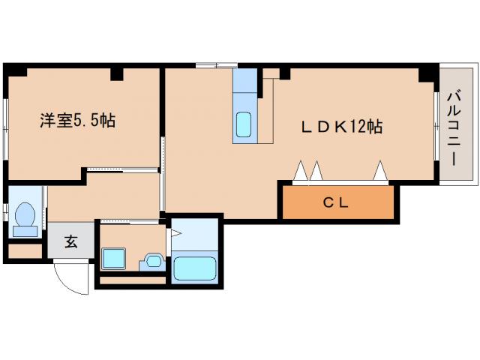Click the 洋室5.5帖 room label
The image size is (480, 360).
tap(78, 120)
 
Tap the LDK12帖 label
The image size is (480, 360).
tap(342, 127)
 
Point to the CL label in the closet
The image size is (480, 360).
tap(337, 202)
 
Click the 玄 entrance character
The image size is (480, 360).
tap(70, 241)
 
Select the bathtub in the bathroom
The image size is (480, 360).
tap(194, 268)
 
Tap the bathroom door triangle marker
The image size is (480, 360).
tap(176, 234)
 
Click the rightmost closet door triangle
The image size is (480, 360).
tap(380, 172)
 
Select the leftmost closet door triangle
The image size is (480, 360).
tap(301, 172)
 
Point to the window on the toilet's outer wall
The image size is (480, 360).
tap(6, 213)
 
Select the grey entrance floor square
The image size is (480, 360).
tap(70, 241)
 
